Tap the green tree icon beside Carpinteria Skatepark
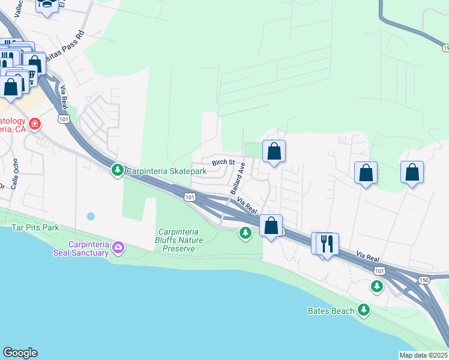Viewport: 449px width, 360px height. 118,171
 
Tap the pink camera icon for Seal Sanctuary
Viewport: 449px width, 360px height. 118,247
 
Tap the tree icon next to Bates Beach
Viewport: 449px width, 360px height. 363,310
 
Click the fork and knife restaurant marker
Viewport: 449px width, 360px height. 327,243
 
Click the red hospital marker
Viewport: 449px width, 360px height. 35,124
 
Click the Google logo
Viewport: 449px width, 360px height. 20,353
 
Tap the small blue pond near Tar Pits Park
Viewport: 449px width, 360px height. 91,215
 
